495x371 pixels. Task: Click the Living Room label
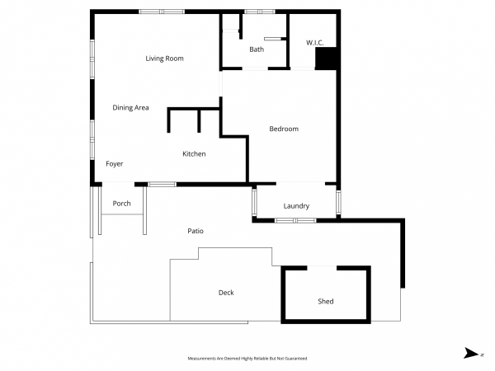pos(164,59)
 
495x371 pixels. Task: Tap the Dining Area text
pos(130,108)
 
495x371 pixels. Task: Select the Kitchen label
pos(194,154)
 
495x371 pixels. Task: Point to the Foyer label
pos(115,164)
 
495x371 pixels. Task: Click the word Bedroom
pos(284,129)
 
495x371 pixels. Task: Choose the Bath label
pos(257,49)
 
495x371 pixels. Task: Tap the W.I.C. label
pos(315,43)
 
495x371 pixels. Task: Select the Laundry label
pos(296,206)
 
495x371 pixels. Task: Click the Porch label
pos(121,204)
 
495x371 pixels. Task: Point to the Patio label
pos(196,231)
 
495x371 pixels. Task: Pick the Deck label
pos(226,293)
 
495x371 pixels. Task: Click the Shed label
pos(326,301)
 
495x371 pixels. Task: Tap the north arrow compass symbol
pos(471,354)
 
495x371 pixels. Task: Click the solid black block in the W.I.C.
pos(327,59)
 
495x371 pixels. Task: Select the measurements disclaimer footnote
pos(247,359)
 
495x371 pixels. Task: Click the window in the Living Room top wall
pos(162,12)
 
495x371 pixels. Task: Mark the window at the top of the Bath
pos(260,12)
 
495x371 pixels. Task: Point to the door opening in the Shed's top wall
pos(322,268)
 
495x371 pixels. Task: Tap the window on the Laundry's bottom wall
pos(295,220)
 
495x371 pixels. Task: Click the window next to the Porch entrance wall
pos(162,184)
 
